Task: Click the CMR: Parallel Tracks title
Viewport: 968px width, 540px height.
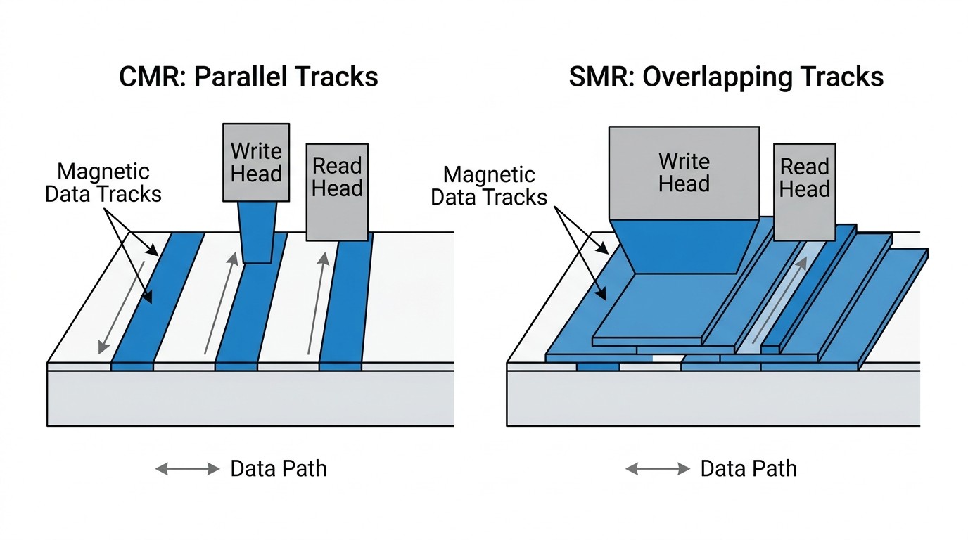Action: [x=248, y=77]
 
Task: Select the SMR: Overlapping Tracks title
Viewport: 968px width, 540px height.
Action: [x=726, y=78]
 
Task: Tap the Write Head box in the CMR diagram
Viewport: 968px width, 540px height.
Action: [x=256, y=162]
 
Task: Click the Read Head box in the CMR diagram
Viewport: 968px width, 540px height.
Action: [x=337, y=192]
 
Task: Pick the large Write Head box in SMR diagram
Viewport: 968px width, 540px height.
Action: [x=684, y=173]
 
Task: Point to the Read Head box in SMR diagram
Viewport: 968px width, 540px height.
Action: [x=805, y=192]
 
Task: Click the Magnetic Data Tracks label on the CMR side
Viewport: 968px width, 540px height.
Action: [x=103, y=183]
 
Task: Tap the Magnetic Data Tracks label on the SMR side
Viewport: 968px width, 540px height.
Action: [x=489, y=186]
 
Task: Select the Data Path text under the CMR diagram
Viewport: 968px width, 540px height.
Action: [x=279, y=469]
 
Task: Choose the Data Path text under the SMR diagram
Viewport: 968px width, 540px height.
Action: [x=749, y=469]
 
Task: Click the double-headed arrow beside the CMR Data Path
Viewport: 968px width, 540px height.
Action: [x=188, y=469]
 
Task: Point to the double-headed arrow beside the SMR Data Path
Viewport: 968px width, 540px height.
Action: [x=658, y=469]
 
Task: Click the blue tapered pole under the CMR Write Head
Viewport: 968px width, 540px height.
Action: [x=257, y=232]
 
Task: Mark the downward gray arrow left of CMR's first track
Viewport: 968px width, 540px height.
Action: [x=122, y=307]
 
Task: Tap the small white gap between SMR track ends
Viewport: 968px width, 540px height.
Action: [x=668, y=358]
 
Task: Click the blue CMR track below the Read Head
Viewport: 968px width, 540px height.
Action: [x=345, y=302]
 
